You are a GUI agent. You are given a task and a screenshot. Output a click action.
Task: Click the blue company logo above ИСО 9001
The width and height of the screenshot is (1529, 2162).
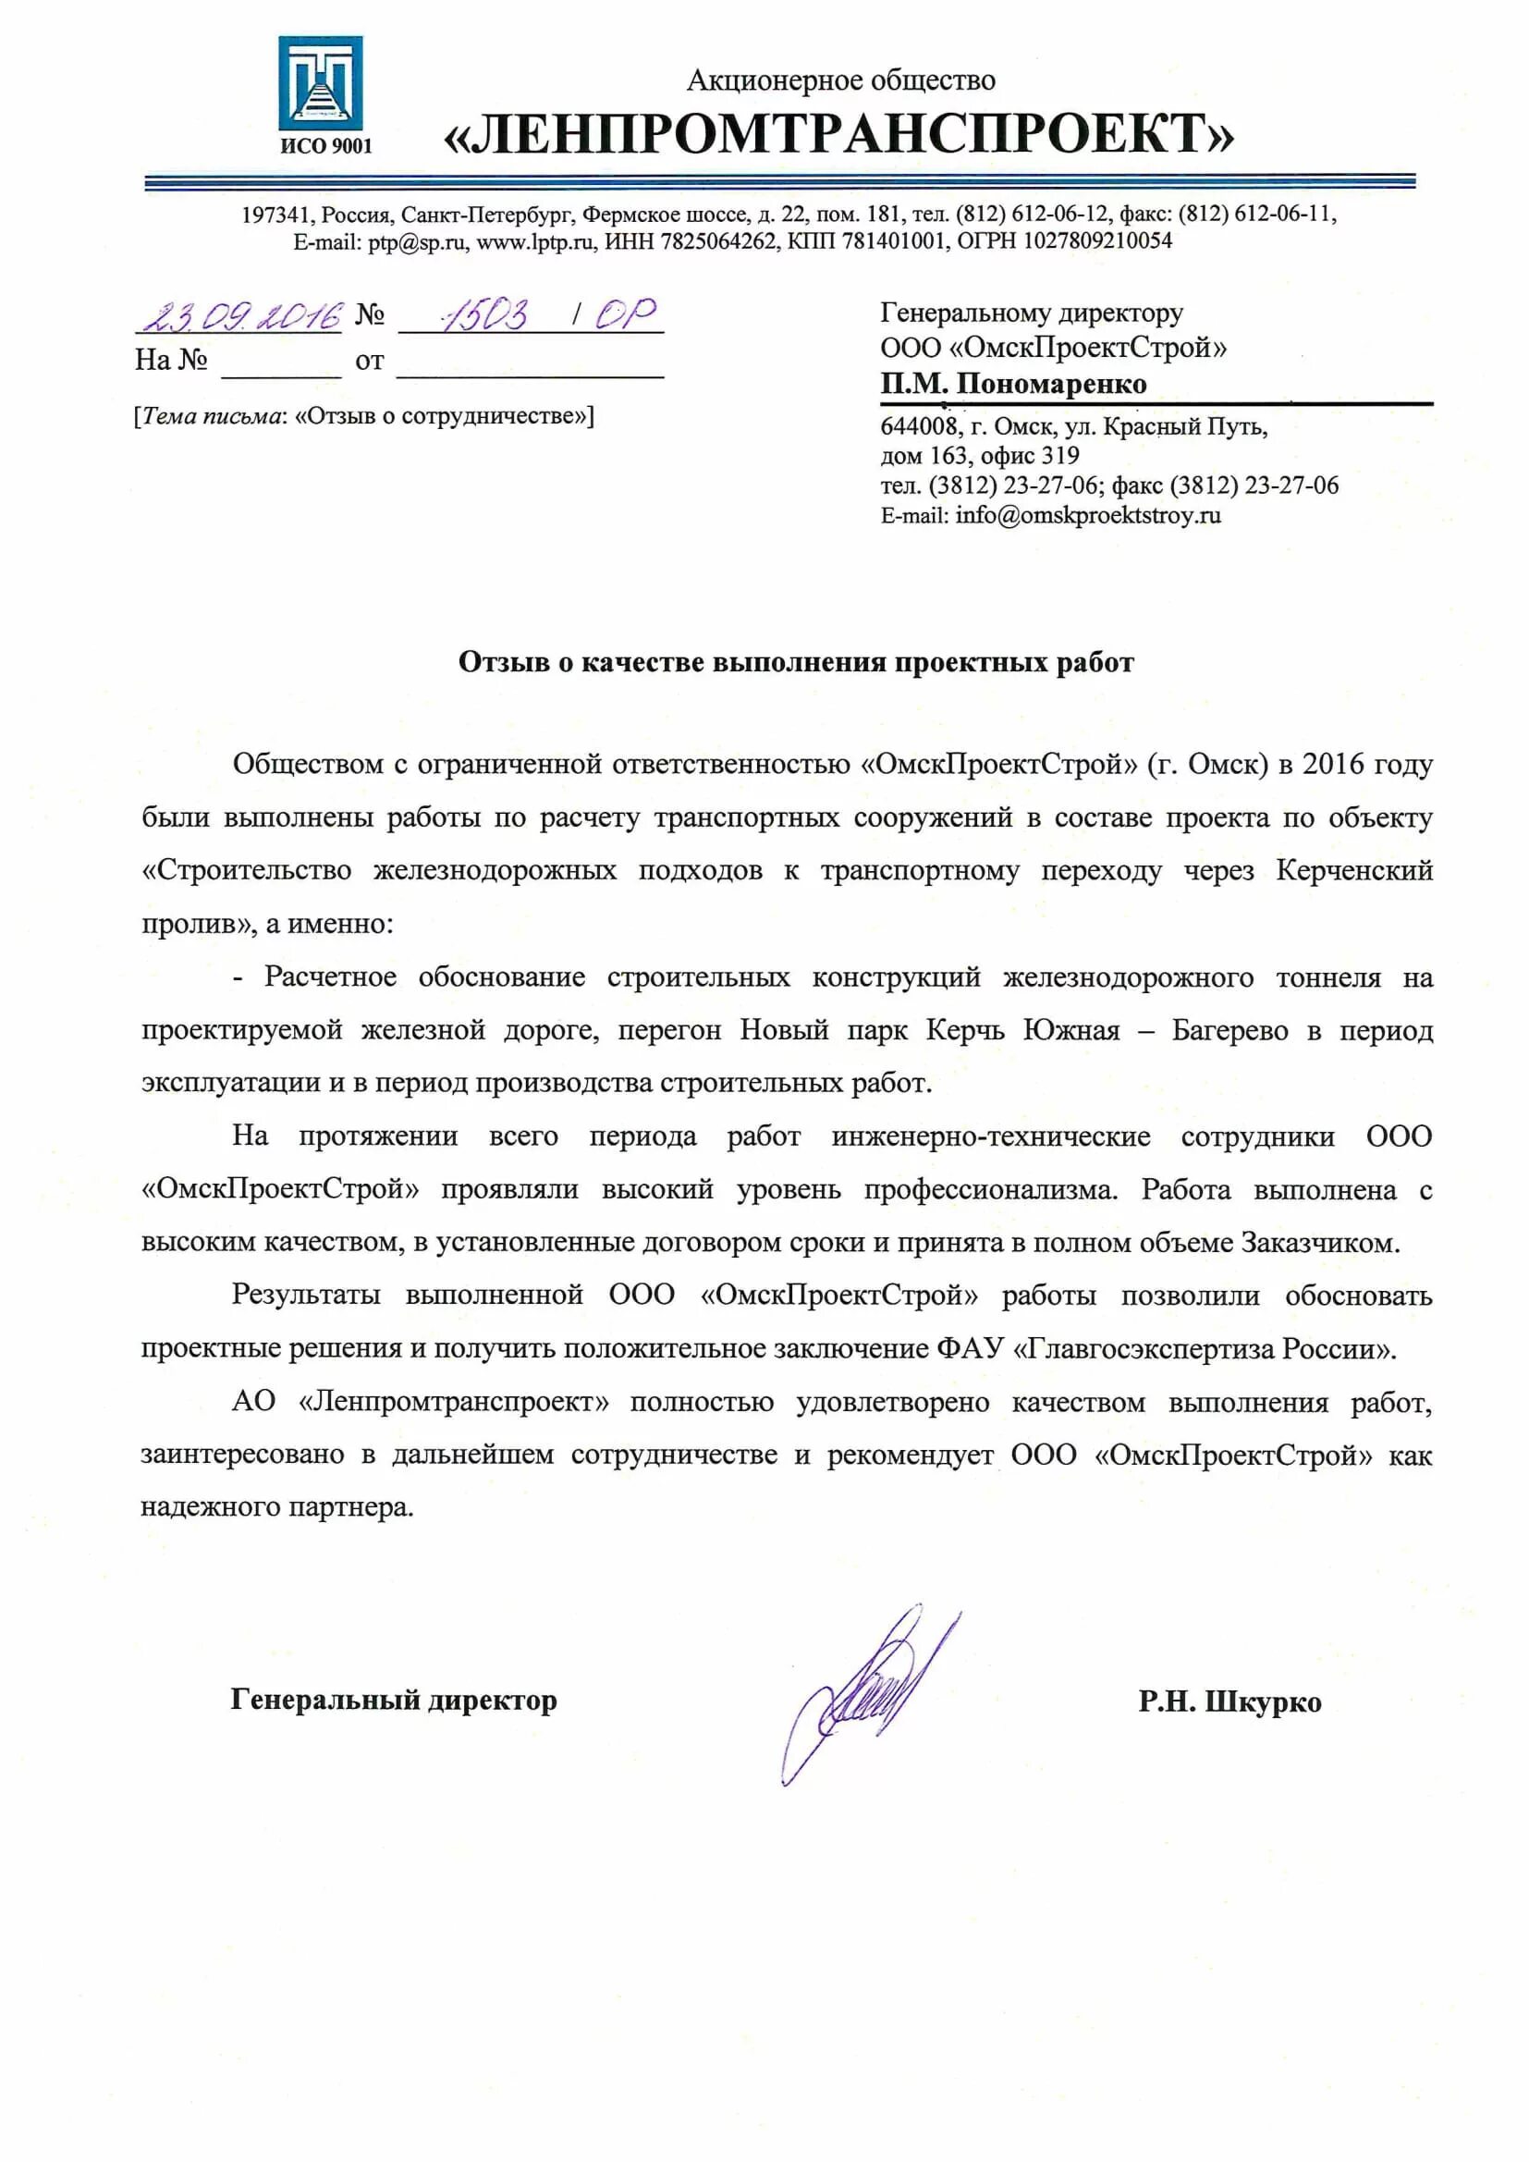[320, 83]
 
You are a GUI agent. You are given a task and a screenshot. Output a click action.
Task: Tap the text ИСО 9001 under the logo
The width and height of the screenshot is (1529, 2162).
[325, 146]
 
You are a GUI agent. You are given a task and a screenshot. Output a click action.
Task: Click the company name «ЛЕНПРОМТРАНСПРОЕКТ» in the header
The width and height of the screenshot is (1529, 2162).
[838, 134]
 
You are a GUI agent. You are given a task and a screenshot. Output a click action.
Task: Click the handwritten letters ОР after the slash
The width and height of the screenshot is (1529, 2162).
[625, 314]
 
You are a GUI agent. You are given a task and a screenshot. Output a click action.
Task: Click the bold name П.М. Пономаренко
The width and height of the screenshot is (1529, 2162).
[1013, 383]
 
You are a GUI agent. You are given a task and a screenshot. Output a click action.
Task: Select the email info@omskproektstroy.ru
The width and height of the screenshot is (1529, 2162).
[1087, 515]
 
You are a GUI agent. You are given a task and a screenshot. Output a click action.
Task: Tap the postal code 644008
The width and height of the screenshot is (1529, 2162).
[918, 426]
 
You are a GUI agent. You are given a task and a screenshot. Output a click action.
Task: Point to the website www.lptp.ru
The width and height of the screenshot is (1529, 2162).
[534, 241]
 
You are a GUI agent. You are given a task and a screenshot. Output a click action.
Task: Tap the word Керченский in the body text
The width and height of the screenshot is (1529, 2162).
[1354, 870]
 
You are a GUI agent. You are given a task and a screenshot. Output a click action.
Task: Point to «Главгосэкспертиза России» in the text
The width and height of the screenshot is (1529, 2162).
[1204, 1348]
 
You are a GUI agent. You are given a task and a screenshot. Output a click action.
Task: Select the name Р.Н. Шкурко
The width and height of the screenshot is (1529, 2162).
[1229, 1701]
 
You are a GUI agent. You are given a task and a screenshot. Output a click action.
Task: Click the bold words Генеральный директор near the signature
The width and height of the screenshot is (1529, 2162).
[394, 1700]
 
